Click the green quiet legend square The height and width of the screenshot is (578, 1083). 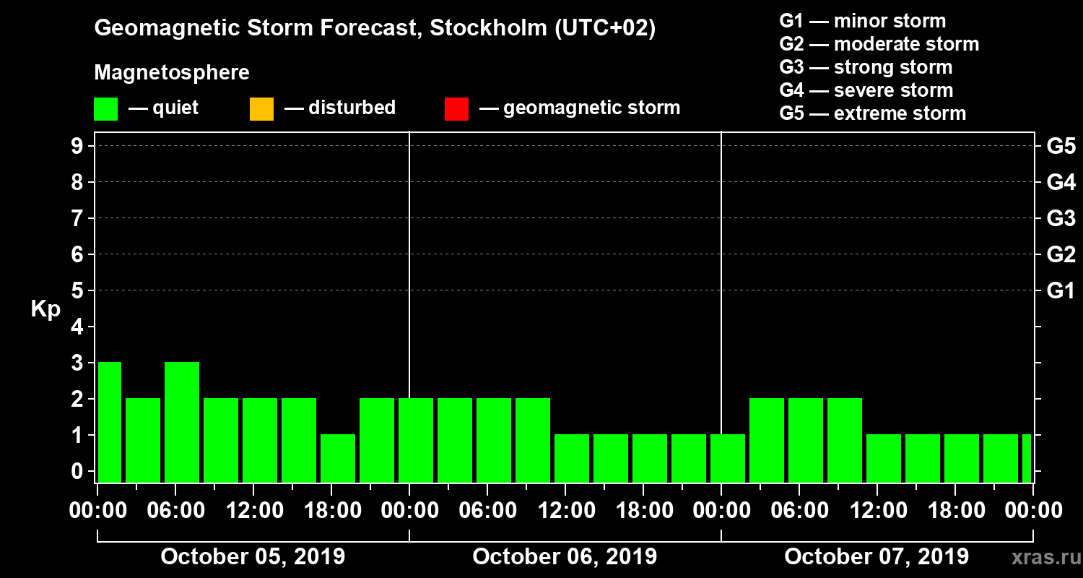tap(105, 108)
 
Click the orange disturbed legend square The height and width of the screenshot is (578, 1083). tap(261, 108)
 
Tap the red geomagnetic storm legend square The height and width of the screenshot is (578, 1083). tap(456, 108)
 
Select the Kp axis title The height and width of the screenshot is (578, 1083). tap(45, 309)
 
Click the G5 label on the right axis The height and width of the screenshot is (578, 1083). tap(1061, 147)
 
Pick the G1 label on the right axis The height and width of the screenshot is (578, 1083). tap(1061, 291)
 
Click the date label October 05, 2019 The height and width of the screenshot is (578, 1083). tap(253, 557)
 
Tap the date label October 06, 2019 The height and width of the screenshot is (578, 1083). tap(565, 557)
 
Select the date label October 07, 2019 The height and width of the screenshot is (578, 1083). tap(877, 557)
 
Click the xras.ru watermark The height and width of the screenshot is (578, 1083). tap(1041, 558)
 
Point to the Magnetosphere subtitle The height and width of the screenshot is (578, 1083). tap(172, 73)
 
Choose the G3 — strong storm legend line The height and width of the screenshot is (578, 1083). tap(866, 67)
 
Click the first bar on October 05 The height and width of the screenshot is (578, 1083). tap(110, 422)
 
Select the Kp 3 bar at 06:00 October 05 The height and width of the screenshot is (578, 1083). tap(182, 422)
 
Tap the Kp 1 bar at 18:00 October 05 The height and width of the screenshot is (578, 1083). tap(338, 458)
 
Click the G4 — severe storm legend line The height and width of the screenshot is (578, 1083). tap(866, 90)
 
